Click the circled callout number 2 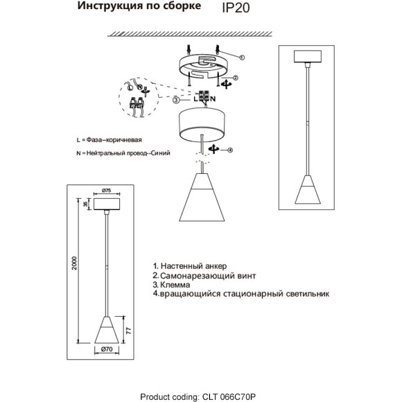236,79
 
